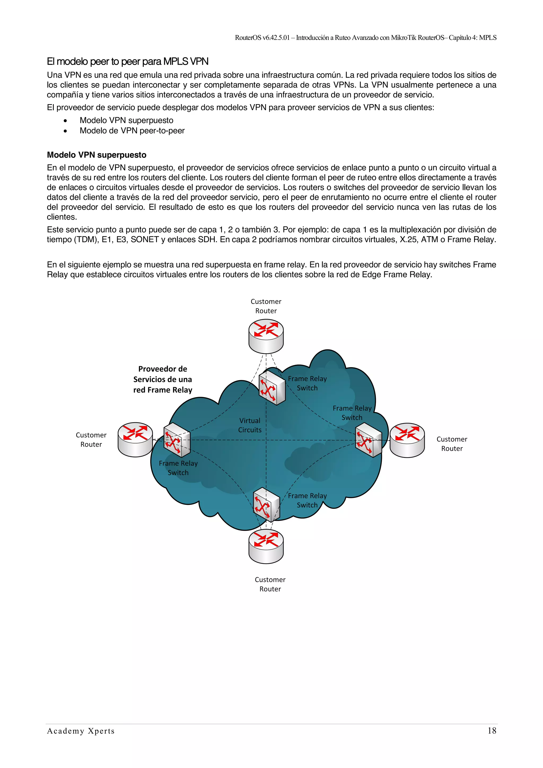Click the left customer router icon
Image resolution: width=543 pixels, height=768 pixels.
(x=135, y=439)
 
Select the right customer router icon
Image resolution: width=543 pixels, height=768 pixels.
(x=407, y=440)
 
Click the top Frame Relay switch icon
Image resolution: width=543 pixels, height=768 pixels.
(x=272, y=387)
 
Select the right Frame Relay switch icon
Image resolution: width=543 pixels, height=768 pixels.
(x=368, y=440)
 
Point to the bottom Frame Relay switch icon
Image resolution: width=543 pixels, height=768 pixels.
(x=266, y=504)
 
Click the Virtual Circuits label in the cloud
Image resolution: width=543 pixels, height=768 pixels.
(x=250, y=425)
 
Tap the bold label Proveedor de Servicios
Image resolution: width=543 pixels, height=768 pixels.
(x=163, y=379)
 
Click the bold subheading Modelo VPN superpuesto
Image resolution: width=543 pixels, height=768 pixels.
(x=97, y=155)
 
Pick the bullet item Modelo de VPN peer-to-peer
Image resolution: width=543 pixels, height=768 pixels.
(x=132, y=130)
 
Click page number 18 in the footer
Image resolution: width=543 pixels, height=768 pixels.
(x=492, y=731)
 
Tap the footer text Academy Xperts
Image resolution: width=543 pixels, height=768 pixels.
(x=81, y=731)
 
